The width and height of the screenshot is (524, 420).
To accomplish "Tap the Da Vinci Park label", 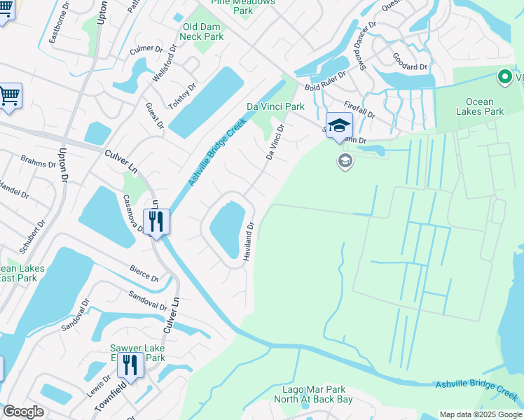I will pyautogui.click(x=275, y=106).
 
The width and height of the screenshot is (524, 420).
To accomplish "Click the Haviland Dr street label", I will pyautogui.click(x=248, y=242).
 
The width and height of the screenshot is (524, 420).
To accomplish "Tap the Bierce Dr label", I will pyautogui.click(x=144, y=274).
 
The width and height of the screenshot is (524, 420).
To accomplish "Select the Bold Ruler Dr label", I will pyautogui.click(x=325, y=81).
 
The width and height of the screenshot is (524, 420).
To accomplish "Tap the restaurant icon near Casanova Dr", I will pyautogui.click(x=156, y=222).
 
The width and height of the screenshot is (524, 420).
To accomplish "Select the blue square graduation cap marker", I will pyautogui.click(x=339, y=126).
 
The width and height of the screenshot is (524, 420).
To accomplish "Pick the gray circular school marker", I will pyautogui.click(x=345, y=162).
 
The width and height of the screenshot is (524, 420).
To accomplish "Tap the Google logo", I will pyautogui.click(x=23, y=412).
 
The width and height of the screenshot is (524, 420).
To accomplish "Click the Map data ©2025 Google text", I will pyautogui.click(x=481, y=414).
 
